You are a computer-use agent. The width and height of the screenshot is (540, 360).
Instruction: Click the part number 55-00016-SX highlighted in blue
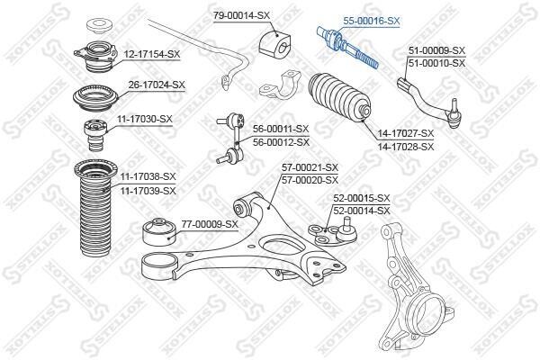[371, 21]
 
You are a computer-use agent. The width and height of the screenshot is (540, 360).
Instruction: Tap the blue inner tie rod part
[347, 48]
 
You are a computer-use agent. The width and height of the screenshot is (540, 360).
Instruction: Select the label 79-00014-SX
[241, 15]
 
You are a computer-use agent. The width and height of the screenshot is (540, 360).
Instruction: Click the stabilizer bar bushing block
[274, 44]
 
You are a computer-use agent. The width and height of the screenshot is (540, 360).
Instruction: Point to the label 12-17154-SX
[152, 54]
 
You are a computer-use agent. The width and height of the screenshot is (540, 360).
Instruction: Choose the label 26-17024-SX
[157, 85]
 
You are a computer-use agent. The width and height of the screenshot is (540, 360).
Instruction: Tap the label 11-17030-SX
[144, 120]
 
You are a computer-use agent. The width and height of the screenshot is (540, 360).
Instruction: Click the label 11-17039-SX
[148, 191]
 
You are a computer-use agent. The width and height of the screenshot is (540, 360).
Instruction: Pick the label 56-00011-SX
[281, 129]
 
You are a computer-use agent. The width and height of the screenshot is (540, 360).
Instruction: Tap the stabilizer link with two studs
[230, 138]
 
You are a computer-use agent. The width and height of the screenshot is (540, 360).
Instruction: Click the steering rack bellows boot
[339, 97]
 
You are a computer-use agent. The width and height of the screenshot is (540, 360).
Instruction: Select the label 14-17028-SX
[406, 147]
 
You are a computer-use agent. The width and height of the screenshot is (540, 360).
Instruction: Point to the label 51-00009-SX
[436, 50]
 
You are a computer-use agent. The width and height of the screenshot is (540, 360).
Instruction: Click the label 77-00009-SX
[210, 224]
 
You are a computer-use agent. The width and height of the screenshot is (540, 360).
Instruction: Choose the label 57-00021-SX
[310, 167]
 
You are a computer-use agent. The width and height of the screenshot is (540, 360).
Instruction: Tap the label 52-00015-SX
[362, 198]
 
